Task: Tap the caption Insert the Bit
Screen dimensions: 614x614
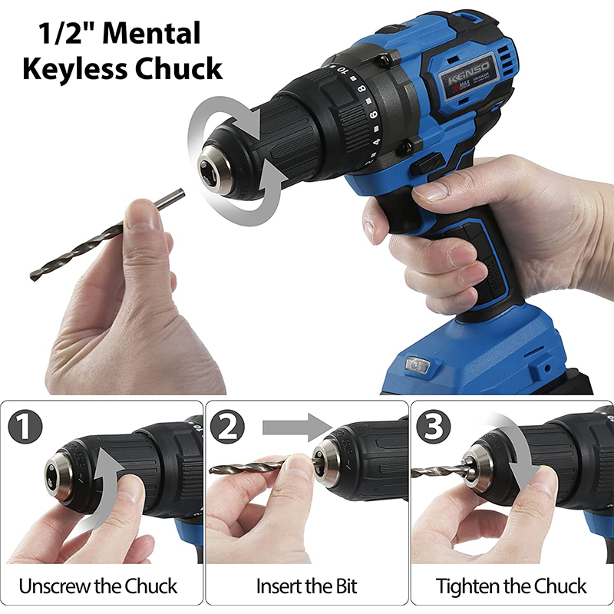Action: [x=307, y=587]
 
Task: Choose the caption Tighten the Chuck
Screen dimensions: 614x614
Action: [x=512, y=587]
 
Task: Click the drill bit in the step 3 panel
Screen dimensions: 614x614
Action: [x=445, y=470]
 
